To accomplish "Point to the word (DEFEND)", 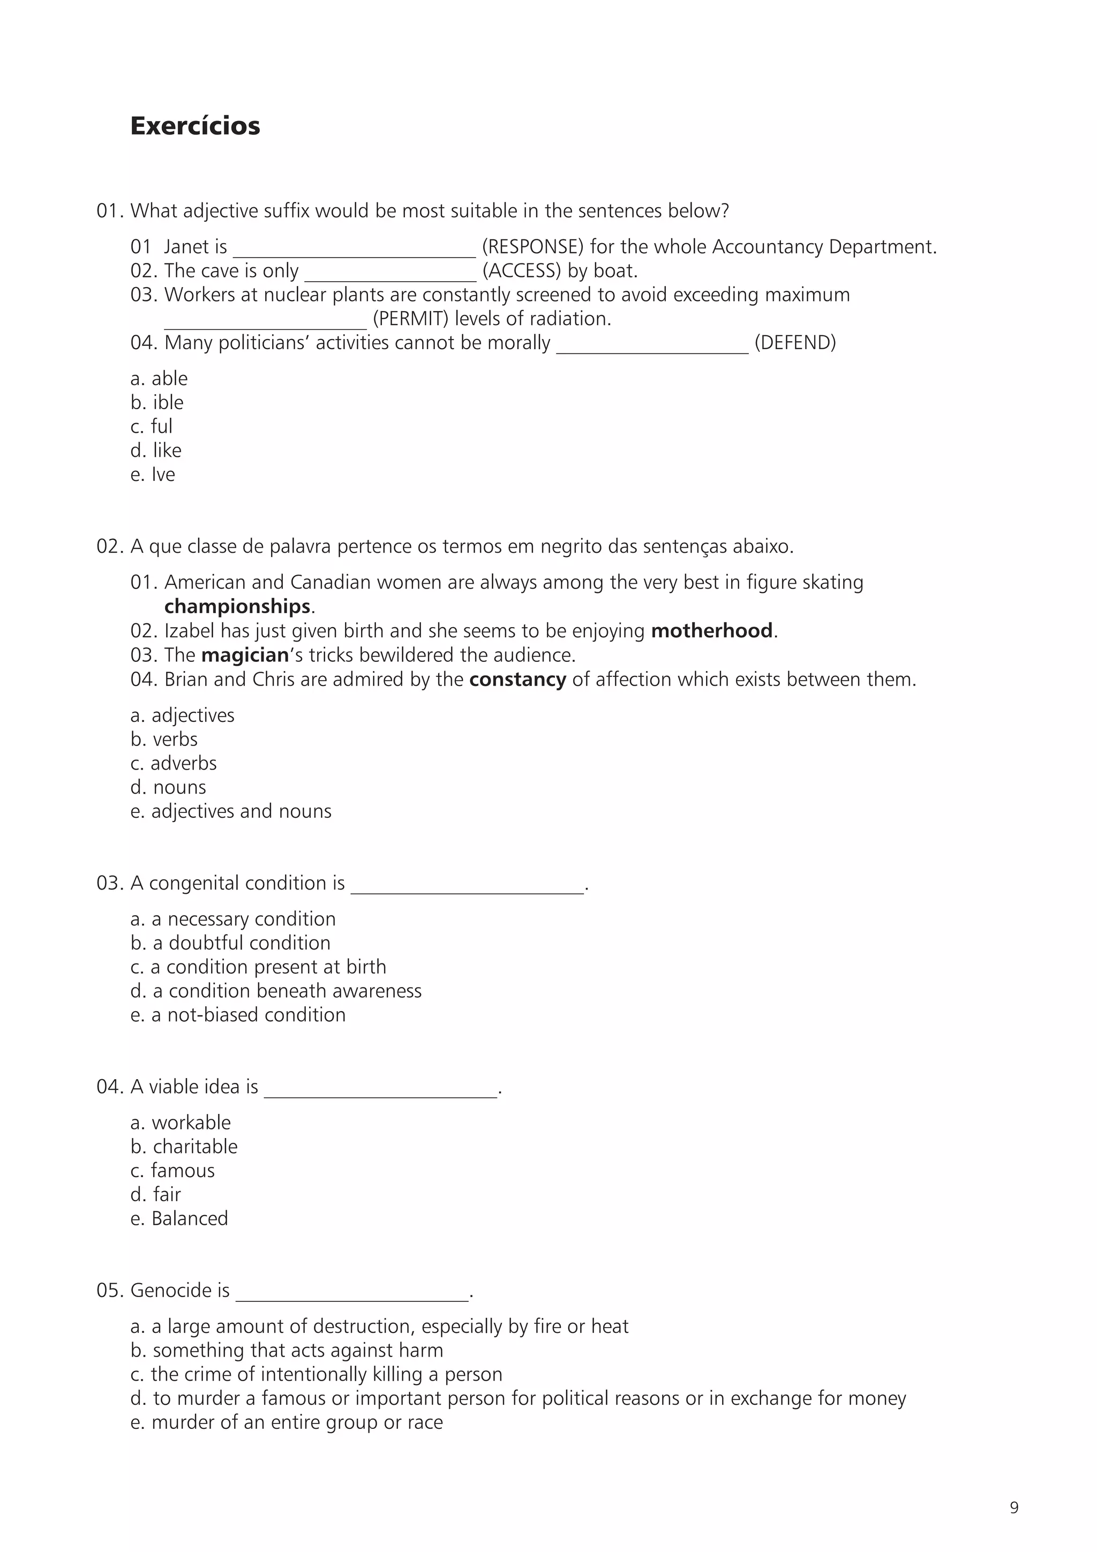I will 795,343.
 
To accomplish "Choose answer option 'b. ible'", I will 157,402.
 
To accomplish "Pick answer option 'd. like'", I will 156,450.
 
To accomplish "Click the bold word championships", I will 237,606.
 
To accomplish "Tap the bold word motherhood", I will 711,631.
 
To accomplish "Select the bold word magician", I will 245,655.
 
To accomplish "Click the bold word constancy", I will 517,680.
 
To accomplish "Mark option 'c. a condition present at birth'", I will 258,967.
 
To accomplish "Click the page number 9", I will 1014,1508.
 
